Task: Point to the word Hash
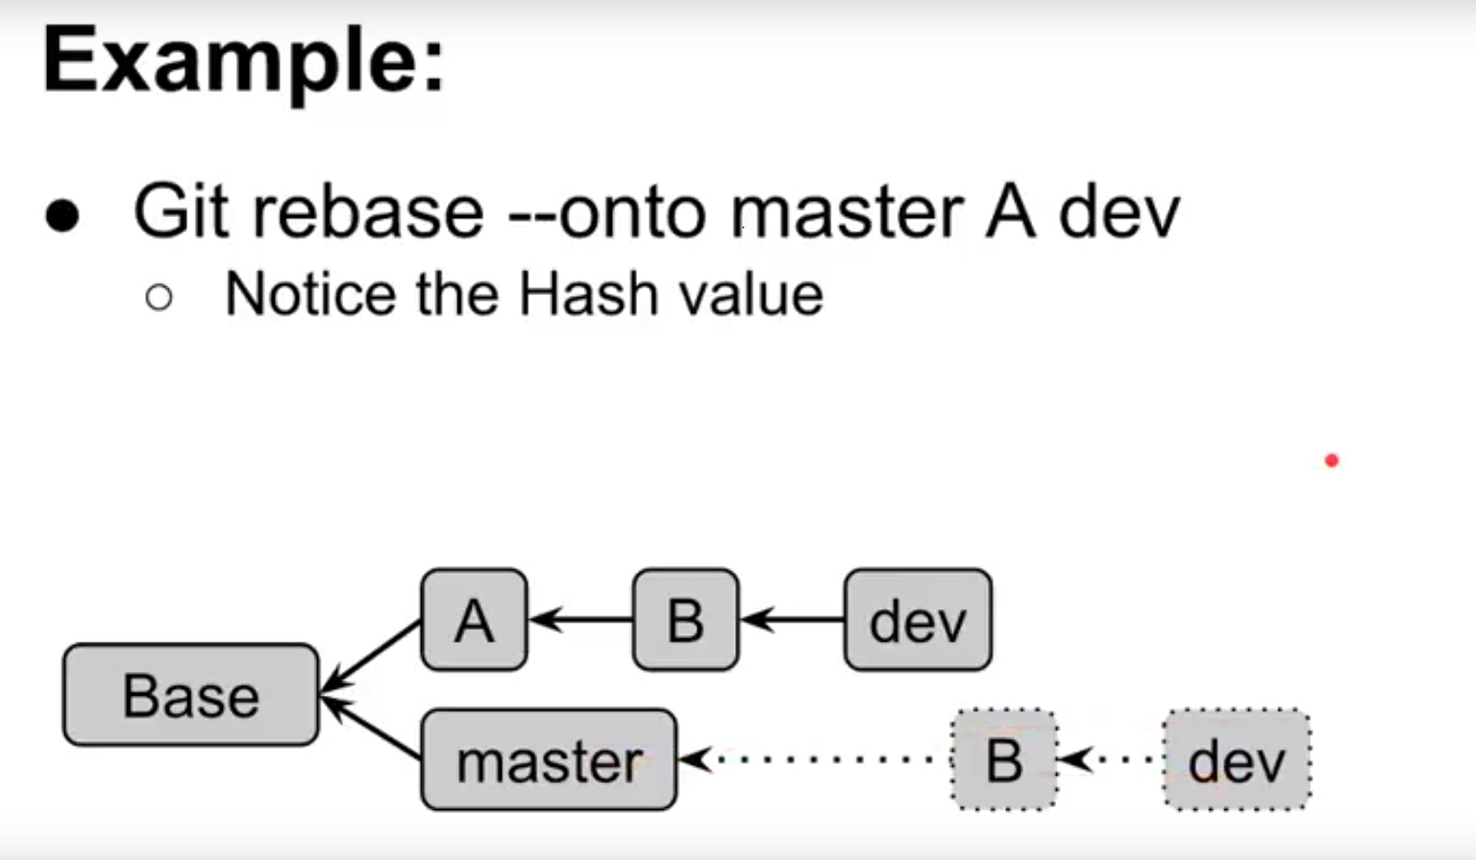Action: coord(588,294)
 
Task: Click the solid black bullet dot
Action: coord(62,215)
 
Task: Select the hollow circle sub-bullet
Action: coord(160,298)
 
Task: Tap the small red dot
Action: coord(1331,461)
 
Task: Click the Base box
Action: coord(190,695)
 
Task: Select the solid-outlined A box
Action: coord(474,620)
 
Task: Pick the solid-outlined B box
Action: coord(685,620)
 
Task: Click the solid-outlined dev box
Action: coord(918,620)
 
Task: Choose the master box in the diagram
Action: coord(549,760)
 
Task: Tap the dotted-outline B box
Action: coord(1004,760)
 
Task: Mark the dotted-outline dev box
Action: coord(1237,760)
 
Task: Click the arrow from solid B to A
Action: coord(580,620)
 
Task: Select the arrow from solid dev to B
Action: coord(792,620)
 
